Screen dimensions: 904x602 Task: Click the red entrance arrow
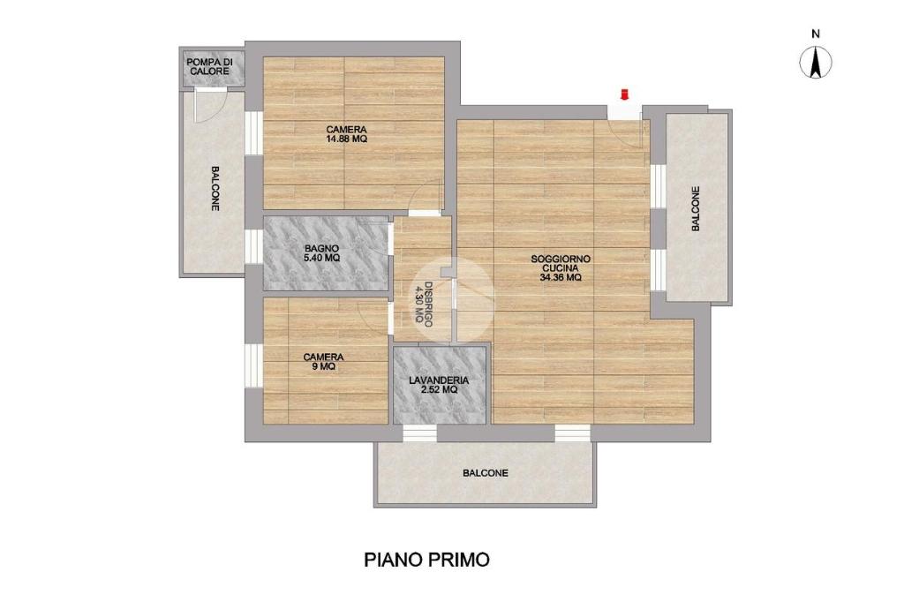[x=624, y=94]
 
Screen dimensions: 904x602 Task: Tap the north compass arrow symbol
[x=816, y=63]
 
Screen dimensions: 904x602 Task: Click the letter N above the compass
[x=816, y=34]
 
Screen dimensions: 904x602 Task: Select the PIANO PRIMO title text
[x=426, y=560]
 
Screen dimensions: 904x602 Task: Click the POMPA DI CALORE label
[x=210, y=66]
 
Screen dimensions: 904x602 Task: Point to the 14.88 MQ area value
[x=346, y=139]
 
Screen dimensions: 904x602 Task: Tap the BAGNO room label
[x=321, y=249]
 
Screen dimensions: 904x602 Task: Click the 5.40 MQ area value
[x=321, y=258]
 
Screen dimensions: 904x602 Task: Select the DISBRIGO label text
[x=428, y=305]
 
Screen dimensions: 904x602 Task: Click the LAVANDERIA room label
[x=439, y=380]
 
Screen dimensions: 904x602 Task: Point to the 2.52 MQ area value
[x=439, y=390]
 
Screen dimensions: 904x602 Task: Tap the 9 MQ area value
[x=323, y=366]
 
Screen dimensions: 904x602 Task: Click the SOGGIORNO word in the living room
[x=561, y=260]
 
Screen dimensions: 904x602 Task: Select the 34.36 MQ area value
[x=561, y=277]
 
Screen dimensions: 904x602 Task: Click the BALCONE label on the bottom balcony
[x=486, y=473]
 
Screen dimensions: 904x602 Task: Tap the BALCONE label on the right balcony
[x=696, y=208]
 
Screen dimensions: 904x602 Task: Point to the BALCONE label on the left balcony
[x=215, y=189]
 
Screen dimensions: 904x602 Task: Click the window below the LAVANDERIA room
[x=419, y=433]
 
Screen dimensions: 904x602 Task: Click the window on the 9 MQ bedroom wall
[x=253, y=365]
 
